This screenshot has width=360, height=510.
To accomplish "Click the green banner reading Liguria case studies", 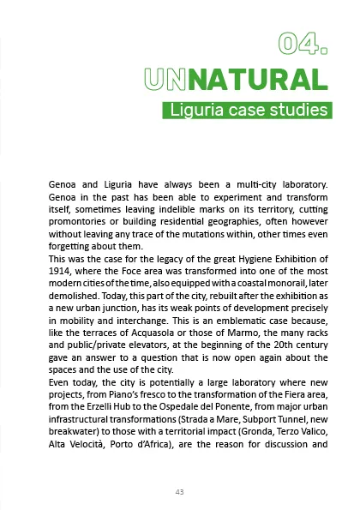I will pyautogui.click(x=246, y=111).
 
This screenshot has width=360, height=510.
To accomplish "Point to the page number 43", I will pyautogui.click(x=179, y=491).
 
